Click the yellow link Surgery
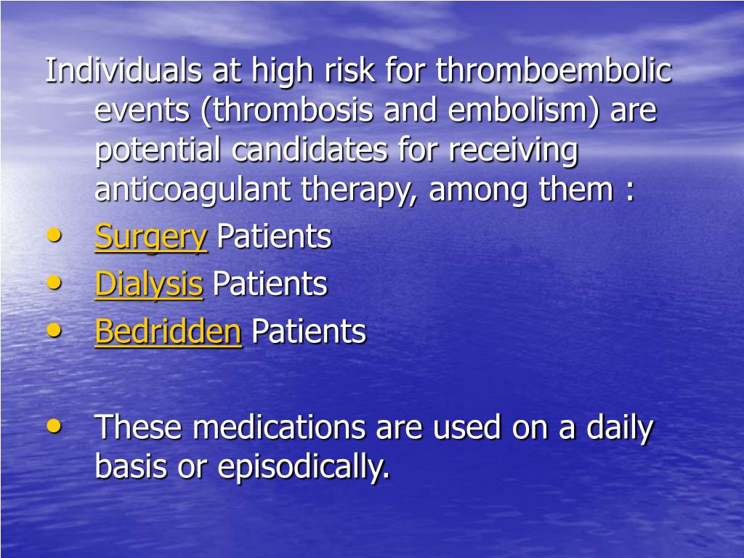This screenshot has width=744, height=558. pyautogui.click(x=150, y=238)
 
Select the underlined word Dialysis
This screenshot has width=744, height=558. pyautogui.click(x=148, y=284)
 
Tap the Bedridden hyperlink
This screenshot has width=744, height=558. pyautogui.click(x=168, y=332)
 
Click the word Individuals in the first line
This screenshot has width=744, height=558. pyautogui.click(x=123, y=71)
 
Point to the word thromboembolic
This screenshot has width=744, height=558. pyautogui.click(x=554, y=71)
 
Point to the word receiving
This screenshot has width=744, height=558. pyautogui.click(x=513, y=150)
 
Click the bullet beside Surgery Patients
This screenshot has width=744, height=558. pyautogui.click(x=54, y=235)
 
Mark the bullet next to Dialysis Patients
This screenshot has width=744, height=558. pyautogui.click(x=54, y=283)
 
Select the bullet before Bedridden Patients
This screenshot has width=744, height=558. pyautogui.click(x=54, y=330)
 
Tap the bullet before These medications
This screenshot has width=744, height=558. pyautogui.click(x=54, y=426)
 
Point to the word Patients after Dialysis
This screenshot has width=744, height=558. pyautogui.click(x=270, y=284)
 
